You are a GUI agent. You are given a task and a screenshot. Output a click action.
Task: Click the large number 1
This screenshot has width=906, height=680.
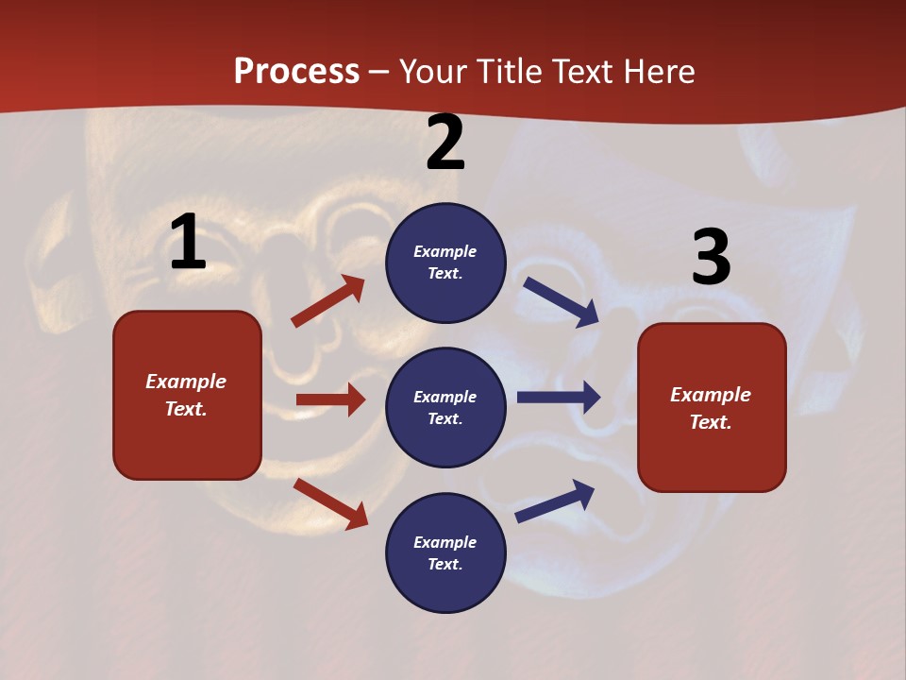(188, 243)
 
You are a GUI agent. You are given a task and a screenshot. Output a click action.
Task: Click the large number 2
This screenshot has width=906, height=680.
(445, 144)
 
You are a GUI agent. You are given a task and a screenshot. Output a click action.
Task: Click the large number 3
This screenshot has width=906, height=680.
(711, 258)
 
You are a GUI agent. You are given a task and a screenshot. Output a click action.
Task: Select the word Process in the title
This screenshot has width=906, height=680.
(296, 72)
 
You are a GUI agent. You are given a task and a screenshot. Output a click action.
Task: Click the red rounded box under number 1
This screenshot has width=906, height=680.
(187, 395)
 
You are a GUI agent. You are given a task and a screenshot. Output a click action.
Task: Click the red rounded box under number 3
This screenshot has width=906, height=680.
(712, 408)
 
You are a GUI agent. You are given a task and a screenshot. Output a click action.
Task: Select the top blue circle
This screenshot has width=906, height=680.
(445, 263)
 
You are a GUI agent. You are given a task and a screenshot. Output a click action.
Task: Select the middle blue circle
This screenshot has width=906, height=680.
(445, 407)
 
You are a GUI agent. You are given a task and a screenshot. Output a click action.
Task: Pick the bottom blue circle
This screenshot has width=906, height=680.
(445, 552)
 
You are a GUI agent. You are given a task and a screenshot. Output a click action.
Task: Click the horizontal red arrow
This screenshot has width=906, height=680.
(330, 399)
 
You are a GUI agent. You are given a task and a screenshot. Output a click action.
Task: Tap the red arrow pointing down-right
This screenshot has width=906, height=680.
(331, 503)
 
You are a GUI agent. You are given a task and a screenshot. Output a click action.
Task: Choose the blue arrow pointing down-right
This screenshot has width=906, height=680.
(561, 301)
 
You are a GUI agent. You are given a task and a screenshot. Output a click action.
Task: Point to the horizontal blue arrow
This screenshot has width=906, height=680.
(558, 397)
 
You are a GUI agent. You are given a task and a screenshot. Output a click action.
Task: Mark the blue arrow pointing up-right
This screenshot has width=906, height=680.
(555, 501)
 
